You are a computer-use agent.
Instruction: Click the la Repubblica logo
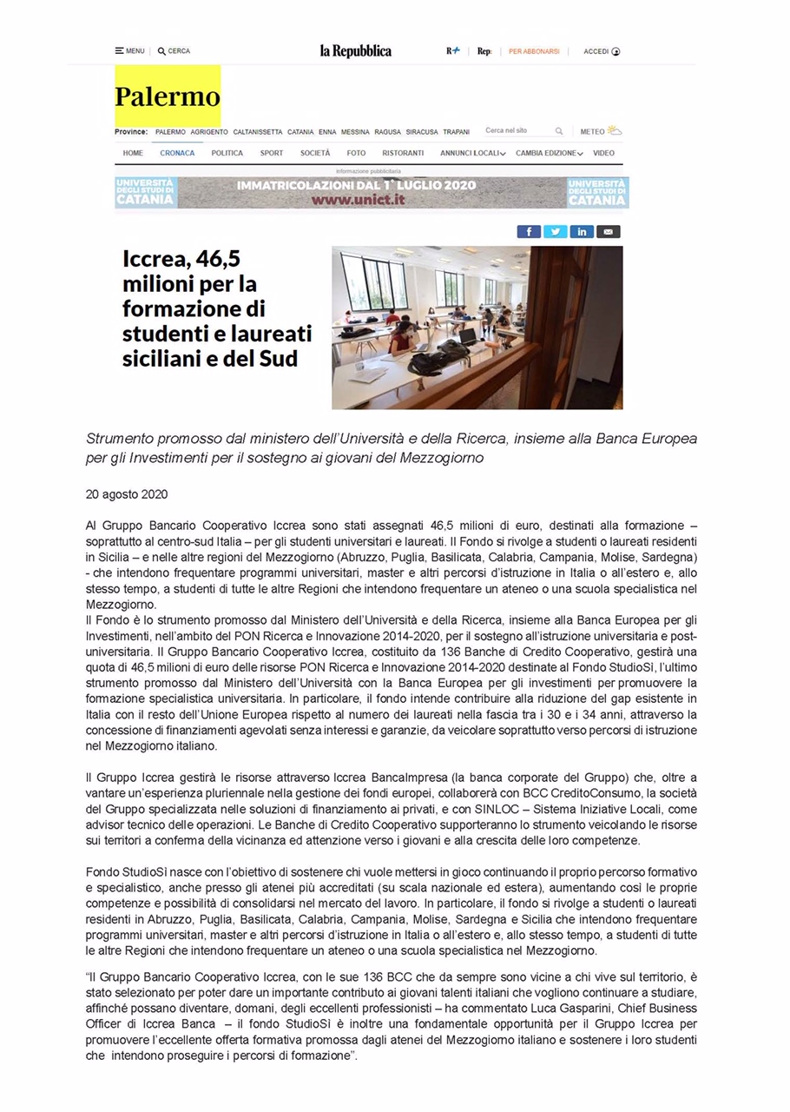pos(356,51)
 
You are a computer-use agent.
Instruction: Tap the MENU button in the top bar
pos(129,51)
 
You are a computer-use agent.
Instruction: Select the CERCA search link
pos(174,51)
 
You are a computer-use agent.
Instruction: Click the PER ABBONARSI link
pos(534,51)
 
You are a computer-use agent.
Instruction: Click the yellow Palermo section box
pos(168,96)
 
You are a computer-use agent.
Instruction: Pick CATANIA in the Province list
pos(300,132)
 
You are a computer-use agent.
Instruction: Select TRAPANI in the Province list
pos(456,132)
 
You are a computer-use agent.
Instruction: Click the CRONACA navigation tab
pos(177,153)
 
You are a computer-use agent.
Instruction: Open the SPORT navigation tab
pos(272,153)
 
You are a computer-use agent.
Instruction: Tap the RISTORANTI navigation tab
pos(403,153)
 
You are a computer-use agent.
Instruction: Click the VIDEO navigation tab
pos(603,153)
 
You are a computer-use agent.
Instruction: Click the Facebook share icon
pos(529,231)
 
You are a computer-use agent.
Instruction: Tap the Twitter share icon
pos(555,231)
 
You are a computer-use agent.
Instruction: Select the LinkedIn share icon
pos(582,231)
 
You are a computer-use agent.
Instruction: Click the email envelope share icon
pos(609,231)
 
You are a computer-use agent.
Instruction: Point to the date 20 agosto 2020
pos(127,494)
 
